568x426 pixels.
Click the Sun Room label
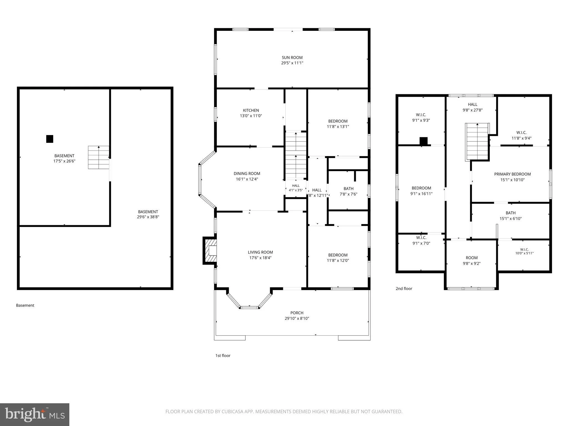pos(292,58)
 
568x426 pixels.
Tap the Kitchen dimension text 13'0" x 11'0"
pos(251,116)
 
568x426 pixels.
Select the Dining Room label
pos(247,174)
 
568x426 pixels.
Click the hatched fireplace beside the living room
pos(210,250)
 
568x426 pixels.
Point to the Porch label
pos(297,313)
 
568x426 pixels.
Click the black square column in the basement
pos(50,139)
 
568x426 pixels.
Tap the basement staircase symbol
pos(99,158)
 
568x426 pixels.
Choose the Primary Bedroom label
pos(512,174)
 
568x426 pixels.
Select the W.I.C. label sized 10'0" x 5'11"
pos(524,251)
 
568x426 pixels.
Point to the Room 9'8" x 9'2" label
pos(471,261)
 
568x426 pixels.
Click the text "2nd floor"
pos(404,289)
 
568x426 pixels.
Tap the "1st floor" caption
pos(223,356)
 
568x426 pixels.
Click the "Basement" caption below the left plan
pos(25,305)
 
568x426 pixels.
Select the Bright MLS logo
pos(34,414)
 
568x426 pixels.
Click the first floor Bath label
pos(348,189)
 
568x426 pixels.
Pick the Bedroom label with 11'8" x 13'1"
pos(338,124)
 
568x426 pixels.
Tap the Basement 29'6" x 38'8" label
pos(148,214)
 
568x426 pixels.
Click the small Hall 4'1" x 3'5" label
pos(296,188)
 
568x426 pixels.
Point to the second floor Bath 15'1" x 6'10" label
pos(511,216)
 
